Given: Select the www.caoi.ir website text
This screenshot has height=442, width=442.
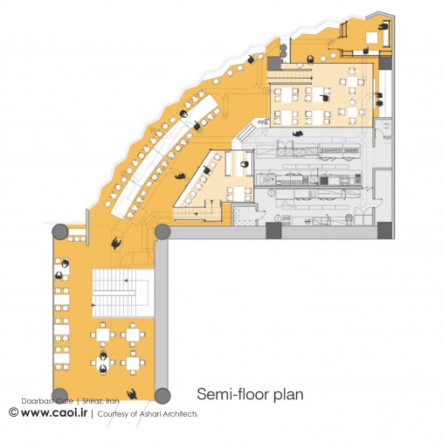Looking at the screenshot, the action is [x=54, y=412].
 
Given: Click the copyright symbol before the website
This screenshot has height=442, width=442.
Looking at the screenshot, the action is [x=14, y=412].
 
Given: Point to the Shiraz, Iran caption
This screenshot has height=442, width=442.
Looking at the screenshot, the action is [x=100, y=401].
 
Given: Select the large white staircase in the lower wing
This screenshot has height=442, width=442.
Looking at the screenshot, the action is [x=122, y=293].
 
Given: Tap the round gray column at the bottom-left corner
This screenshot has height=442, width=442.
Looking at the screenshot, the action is [x=60, y=396].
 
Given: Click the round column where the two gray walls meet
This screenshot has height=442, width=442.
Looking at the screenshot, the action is [x=162, y=232].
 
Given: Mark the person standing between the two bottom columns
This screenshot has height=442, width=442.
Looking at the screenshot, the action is [x=132, y=394].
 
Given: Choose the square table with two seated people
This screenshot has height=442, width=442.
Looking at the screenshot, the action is [x=103, y=363].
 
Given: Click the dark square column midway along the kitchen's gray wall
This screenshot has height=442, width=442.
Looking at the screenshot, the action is [x=273, y=231].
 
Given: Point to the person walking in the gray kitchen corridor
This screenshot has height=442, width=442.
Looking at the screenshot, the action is [x=298, y=134].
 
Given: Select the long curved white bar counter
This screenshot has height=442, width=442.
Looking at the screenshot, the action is [x=165, y=156].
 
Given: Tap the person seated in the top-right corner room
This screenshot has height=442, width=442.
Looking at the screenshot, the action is [x=383, y=27].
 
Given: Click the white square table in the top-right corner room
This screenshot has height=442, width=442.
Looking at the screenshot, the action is [x=372, y=38].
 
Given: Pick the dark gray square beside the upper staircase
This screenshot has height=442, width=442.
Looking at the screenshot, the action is [x=274, y=63].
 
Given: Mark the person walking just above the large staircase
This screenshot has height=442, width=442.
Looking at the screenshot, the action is [x=116, y=243].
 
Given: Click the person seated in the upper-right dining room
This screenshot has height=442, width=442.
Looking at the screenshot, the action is [x=325, y=98].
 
